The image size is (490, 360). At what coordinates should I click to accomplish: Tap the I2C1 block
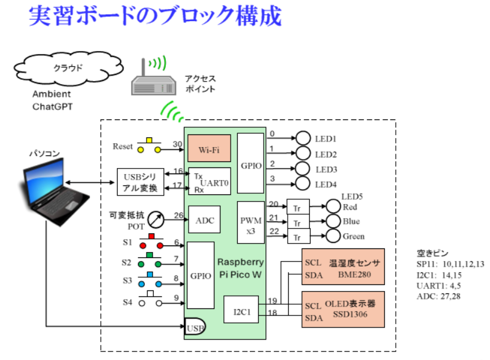240,311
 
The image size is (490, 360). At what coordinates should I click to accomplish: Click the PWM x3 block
250,222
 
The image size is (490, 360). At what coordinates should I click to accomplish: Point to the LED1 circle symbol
304,137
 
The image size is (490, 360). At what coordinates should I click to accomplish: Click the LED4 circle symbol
304,183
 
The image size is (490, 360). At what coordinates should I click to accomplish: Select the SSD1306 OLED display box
343,310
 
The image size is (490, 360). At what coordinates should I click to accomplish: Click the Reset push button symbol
148,146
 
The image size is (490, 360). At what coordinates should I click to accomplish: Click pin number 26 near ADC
178,215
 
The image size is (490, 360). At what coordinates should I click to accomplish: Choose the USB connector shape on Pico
193,326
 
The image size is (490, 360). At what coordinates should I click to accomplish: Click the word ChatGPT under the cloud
52,107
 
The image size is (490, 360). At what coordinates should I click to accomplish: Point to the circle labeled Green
333,236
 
